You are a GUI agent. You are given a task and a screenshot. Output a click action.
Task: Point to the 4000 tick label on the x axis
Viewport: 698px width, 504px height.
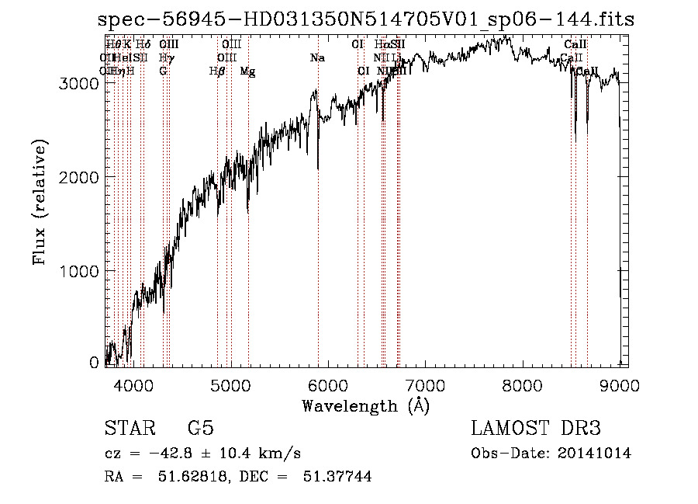coord(133,386)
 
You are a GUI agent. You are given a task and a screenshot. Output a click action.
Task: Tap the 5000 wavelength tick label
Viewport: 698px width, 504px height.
coord(230,386)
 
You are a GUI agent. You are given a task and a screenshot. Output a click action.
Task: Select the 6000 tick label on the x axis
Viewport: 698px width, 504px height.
coord(328,386)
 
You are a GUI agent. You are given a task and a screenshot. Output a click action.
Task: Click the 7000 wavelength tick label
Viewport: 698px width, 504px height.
coord(425,386)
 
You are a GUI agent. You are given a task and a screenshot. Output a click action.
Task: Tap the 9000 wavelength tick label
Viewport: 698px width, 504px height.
coord(620,386)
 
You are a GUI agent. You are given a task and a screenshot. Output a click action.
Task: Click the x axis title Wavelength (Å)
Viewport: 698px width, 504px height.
coord(365,405)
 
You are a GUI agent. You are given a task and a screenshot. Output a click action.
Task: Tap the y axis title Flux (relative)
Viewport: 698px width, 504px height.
coord(40,201)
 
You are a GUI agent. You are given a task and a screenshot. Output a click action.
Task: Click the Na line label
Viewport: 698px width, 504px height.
coord(316,58)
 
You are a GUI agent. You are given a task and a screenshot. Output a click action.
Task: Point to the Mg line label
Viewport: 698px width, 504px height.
coord(247,71)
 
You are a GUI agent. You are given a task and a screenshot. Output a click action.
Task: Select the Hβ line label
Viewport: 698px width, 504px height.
coord(217,71)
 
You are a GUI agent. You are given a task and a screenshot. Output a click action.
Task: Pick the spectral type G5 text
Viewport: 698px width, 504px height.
coord(200,429)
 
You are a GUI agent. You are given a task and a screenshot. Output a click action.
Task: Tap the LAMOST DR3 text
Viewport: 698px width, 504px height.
coord(536,429)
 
